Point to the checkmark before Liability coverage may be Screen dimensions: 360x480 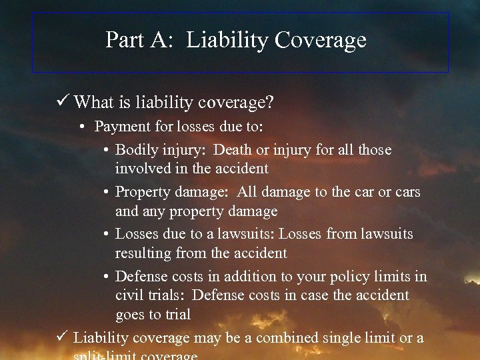[63, 337]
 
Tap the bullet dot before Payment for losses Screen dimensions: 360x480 [86, 127]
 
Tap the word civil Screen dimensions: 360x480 [129, 295]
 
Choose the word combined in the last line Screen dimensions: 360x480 [287, 337]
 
